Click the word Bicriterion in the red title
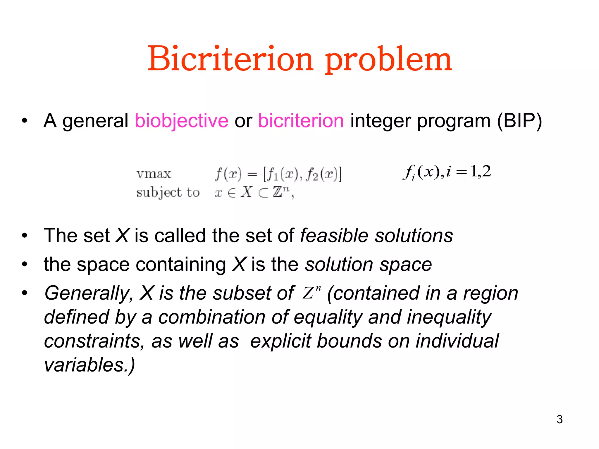[230, 59]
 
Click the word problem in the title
[389, 60]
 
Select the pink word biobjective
[181, 121]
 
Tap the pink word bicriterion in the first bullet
[301, 121]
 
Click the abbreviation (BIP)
[519, 121]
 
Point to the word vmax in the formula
[154, 174]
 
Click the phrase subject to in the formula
[168, 193]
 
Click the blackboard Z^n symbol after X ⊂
[281, 192]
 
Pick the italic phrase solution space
[369, 265]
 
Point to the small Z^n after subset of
[311, 292]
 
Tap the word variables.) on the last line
[89, 365]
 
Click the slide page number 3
[560, 419]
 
